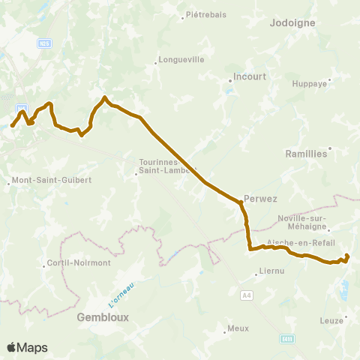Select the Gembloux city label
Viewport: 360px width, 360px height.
[103, 317]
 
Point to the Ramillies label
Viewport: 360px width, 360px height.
[307, 153]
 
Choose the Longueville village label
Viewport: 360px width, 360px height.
[181, 61]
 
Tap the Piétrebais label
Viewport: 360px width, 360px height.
[206, 14]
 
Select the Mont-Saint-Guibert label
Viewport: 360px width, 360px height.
[50, 181]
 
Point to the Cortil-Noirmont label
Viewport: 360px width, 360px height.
[79, 263]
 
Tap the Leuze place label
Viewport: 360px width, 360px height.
[331, 319]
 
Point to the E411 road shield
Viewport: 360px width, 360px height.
[287, 339]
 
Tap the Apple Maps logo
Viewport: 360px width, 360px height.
[27, 347]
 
